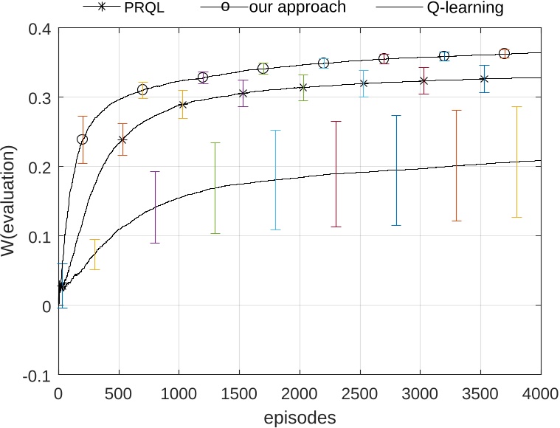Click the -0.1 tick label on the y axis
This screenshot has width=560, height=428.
pyautogui.click(x=35, y=375)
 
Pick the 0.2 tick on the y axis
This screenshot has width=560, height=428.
pyautogui.click(x=38, y=167)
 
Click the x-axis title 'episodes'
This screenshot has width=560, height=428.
pyautogui.click(x=300, y=417)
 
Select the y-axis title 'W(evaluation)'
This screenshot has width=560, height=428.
pyautogui.click(x=11, y=201)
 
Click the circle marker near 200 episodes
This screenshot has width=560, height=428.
pyautogui.click(x=83, y=139)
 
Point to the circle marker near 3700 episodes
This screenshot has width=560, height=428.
pyautogui.click(x=504, y=53)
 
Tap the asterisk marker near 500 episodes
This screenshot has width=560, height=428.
pyautogui.click(x=122, y=139)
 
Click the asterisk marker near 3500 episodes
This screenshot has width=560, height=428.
pyautogui.click(x=484, y=79)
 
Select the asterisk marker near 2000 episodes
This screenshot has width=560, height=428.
pyautogui.click(x=303, y=87)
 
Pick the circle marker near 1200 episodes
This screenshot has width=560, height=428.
pyautogui.click(x=203, y=77)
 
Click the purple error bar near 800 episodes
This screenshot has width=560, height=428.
pyautogui.click(x=155, y=207)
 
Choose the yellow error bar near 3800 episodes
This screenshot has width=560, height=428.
pyautogui.click(x=516, y=162)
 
